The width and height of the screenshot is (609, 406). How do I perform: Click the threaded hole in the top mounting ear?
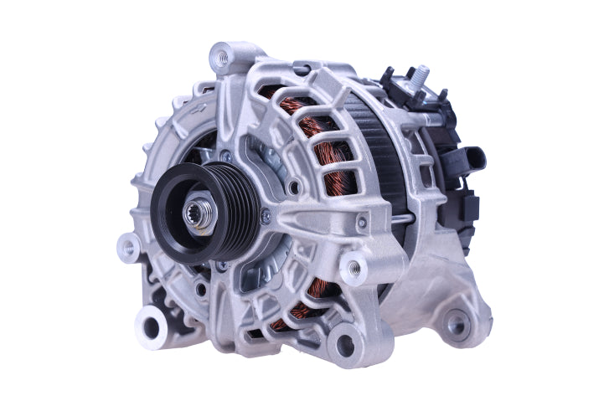tap(222, 58)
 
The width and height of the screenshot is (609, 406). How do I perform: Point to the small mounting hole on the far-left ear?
tap(128, 249)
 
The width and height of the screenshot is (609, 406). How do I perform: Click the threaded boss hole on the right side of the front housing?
tap(354, 269)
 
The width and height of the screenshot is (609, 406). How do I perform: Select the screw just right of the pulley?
tap(266, 217)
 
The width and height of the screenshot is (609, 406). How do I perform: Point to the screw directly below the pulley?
tap(222, 266)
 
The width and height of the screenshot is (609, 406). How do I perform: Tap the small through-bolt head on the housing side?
tap(361, 222)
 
